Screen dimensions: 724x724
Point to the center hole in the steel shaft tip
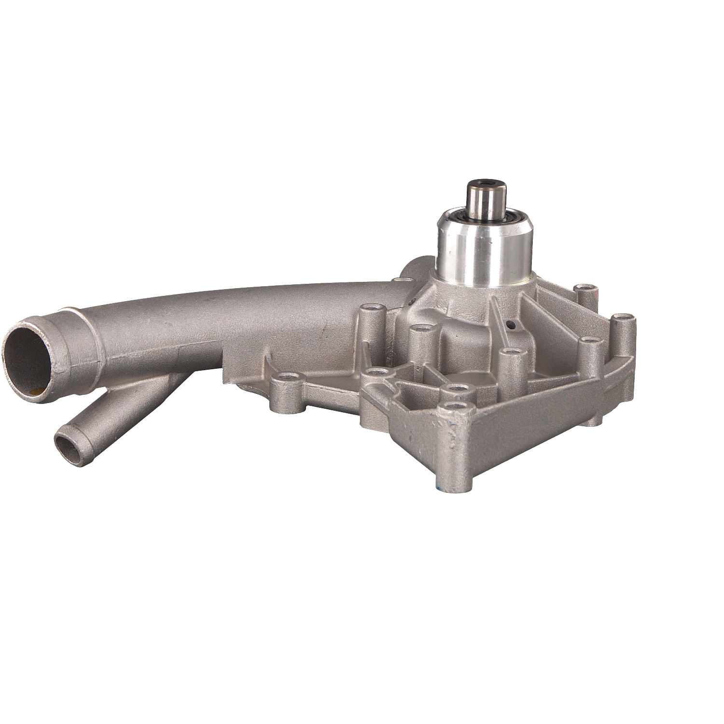pos(484,183)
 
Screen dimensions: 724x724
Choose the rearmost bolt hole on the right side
pos(584,289)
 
